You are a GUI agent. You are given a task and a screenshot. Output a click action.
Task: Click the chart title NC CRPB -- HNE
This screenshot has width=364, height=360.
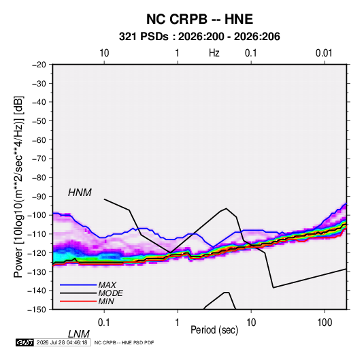(199, 19)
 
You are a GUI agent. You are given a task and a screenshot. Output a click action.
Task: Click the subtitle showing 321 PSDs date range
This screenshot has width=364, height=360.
(199, 37)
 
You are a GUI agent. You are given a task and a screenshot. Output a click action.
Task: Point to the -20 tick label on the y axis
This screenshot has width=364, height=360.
(39, 65)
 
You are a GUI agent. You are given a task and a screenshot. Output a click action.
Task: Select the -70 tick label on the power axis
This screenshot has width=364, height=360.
(39, 159)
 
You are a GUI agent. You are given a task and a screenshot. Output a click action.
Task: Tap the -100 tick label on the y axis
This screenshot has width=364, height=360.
(37, 215)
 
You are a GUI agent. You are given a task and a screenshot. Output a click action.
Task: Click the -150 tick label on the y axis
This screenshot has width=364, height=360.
(37, 310)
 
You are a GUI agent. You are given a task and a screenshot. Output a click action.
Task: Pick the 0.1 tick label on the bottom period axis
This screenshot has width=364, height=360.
(104, 323)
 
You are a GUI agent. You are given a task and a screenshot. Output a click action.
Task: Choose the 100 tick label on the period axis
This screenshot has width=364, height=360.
(325, 323)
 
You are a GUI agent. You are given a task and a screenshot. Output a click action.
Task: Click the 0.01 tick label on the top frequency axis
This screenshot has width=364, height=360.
(324, 53)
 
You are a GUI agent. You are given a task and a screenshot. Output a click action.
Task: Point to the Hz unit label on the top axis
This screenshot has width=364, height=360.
(214, 53)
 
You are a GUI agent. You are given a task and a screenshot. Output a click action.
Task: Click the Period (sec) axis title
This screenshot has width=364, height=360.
(214, 330)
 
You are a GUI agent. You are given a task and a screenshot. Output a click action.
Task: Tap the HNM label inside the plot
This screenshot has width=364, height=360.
(80, 193)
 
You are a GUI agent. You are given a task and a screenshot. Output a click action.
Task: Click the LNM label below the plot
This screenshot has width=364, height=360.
(79, 334)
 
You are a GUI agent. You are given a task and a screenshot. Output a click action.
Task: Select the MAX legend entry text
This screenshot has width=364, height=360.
(107, 285)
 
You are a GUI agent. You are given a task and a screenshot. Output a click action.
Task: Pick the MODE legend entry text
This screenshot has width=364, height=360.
(110, 293)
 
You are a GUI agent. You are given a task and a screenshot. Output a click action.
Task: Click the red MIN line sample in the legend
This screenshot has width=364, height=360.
(78, 301)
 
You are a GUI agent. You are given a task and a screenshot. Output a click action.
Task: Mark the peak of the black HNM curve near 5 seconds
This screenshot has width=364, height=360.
(226, 208)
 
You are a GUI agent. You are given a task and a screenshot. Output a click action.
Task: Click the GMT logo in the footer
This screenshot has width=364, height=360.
(24, 342)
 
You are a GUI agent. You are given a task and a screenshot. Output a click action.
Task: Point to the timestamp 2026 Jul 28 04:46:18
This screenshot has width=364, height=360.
(62, 342)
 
